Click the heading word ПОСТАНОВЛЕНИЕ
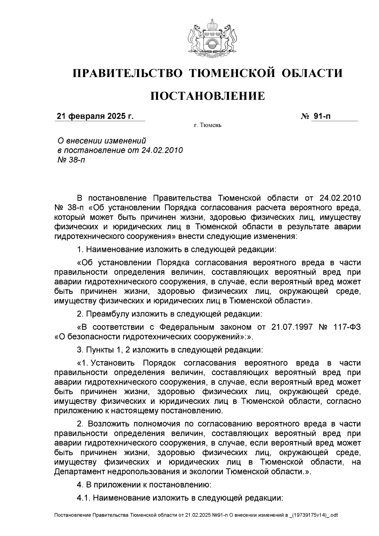point(208,96)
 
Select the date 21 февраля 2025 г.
point(95,116)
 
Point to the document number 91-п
point(322,116)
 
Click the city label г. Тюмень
point(208,126)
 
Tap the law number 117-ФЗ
point(347,327)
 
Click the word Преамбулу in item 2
point(108,314)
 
